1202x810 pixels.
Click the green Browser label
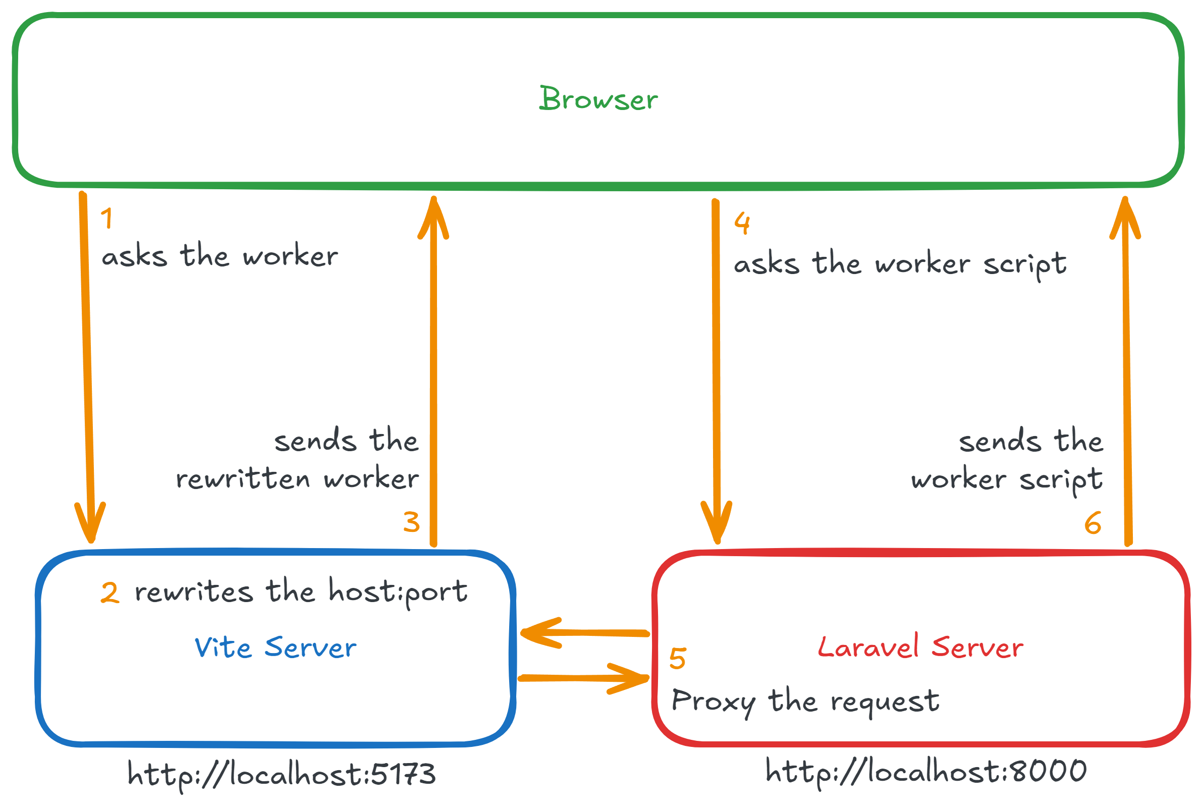(597, 99)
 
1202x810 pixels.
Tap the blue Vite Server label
(276, 647)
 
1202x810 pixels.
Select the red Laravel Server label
(920, 647)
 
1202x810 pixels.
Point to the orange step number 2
(110, 592)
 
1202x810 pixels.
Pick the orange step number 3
(411, 522)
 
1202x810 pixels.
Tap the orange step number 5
(677, 659)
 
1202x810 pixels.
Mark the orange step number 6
(1092, 523)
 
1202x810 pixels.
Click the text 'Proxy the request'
(805, 702)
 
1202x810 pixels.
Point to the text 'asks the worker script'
(900, 264)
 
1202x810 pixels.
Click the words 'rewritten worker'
(297, 479)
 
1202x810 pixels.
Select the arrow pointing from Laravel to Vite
(584, 633)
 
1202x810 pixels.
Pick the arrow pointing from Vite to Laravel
(584, 678)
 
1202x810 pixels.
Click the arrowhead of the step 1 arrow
(90, 524)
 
